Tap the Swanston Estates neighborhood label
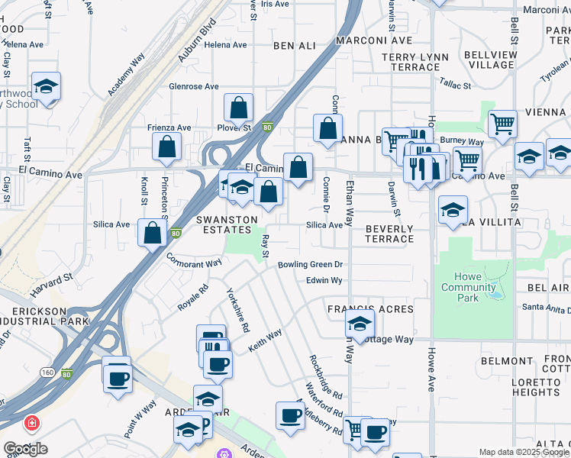tap(224, 224)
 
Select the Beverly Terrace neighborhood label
tap(389, 234)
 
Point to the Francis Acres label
tap(370, 309)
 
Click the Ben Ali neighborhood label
tap(294, 46)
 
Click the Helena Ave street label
tap(225, 45)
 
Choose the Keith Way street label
tap(265, 340)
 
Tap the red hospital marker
tap(31, 422)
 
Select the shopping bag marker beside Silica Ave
tap(152, 232)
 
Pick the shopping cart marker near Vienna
tap(502, 124)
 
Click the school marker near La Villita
tap(453, 210)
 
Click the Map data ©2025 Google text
tap(523, 452)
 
